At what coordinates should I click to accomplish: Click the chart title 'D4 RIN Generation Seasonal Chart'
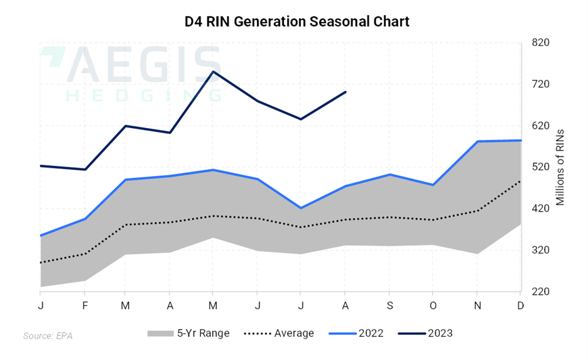click(x=297, y=22)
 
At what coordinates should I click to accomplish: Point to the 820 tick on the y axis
click(x=542, y=43)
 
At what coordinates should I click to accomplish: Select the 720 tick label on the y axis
click(x=542, y=84)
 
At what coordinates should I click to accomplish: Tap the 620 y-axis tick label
click(x=542, y=126)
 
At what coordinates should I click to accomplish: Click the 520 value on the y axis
click(x=542, y=167)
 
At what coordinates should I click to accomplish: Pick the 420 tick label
click(x=542, y=209)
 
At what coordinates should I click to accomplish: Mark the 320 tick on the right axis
click(x=542, y=250)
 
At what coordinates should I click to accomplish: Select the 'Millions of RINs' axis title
click(x=561, y=167)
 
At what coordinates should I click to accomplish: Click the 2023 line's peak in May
click(x=213, y=72)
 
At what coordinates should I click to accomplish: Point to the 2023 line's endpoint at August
click(x=346, y=92)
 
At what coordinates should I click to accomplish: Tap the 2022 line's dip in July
click(x=301, y=208)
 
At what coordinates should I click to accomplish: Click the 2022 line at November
click(x=477, y=141)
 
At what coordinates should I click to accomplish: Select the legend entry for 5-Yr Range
click(x=188, y=333)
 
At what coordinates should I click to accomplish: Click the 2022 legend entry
click(x=357, y=333)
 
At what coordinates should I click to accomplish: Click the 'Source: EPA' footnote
click(x=48, y=336)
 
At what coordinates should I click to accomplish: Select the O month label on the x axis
click(x=433, y=305)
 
